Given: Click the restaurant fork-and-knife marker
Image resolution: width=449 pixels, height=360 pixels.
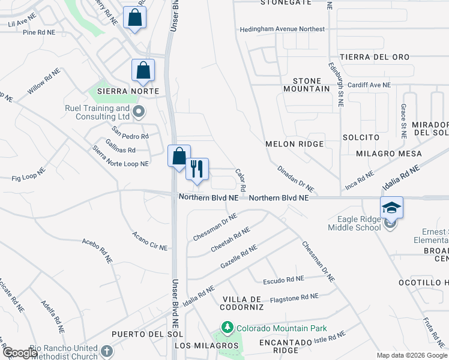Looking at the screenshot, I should [x=196, y=169].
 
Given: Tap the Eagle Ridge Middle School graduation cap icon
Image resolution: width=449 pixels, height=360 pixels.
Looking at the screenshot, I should [x=391, y=207].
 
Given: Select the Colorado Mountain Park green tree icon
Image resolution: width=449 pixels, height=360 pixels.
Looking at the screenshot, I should [x=227, y=328].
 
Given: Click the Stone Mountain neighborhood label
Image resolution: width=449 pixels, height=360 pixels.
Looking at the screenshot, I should [x=311, y=85].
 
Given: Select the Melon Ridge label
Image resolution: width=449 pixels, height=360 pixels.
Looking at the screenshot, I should [x=295, y=144].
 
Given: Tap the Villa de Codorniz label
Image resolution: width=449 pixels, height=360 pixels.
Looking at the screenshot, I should [x=243, y=303].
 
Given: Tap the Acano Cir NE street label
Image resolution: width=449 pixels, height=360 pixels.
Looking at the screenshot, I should [x=149, y=241].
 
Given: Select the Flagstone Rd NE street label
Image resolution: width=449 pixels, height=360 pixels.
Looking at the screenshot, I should [x=294, y=296].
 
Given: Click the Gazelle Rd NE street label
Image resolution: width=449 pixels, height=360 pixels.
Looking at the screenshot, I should [x=239, y=256].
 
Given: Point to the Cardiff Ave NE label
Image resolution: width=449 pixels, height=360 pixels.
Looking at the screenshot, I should [x=369, y=85].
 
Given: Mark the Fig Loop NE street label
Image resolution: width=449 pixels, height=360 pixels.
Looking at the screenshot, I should [x=28, y=175].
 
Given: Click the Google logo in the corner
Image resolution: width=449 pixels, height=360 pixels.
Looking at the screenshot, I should [x=19, y=353].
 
